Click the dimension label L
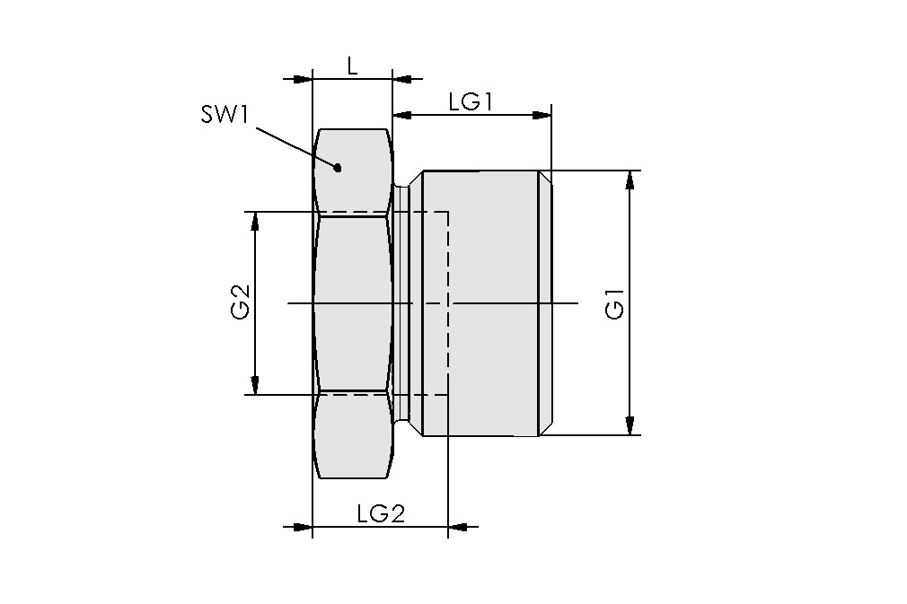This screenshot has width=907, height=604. coord(352,66)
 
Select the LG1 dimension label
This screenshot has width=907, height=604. coord(471,101)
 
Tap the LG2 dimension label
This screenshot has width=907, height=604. coord(381,513)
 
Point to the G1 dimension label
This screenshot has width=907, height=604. coord(615,303)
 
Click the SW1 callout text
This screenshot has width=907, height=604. coord(225,118)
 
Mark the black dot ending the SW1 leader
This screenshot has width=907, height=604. coord(339,167)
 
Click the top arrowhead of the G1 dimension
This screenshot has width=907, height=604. coord(630,179)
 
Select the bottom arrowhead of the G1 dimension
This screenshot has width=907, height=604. coord(630,425)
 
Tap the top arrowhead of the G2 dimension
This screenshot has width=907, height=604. coord(256,222)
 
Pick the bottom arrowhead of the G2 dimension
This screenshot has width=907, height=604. coord(256,385)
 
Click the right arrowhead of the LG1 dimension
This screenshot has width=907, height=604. coord(542,115)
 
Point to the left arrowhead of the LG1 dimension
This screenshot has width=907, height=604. coord(402,115)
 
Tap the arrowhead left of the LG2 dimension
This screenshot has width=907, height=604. coord(302,527)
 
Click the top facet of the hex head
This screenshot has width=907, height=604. coord(353,171)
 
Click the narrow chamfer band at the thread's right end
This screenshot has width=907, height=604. coord(545,303)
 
